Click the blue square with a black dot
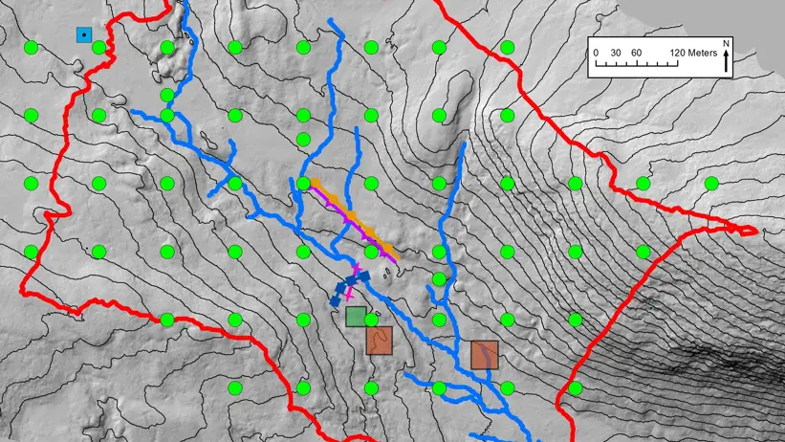pos(84,35)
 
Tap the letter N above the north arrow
pos(727,44)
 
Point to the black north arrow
pos(727,62)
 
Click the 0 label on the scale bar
pos(595,53)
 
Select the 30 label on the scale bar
pos(616,53)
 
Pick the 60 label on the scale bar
pos(637,53)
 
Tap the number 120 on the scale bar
pos(677,53)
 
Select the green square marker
pos(356,316)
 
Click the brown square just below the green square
pos(380,340)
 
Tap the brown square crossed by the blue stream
pos(485,355)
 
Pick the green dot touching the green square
pos(371,320)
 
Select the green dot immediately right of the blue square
pos(98,47)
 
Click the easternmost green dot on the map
pos(711,184)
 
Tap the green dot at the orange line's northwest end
pos(304,184)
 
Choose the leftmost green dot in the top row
pos(31,47)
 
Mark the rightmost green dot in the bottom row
pos(575,388)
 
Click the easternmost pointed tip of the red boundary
pos(756,231)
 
